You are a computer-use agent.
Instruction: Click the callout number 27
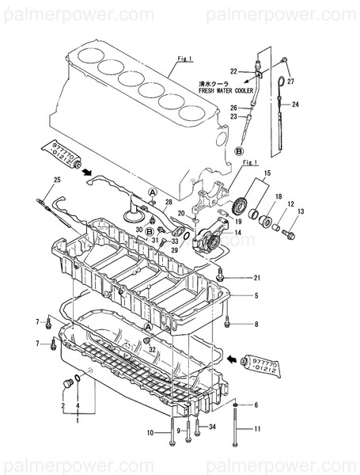pos(290,82)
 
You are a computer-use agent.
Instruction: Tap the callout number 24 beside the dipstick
pos(294,104)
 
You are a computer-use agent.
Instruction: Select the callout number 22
pos(233,71)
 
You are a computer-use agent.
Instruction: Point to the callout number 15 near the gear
pos(267,173)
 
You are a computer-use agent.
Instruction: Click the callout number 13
pos(300,211)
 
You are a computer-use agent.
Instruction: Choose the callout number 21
pos(256,277)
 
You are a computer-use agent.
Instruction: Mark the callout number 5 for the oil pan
pos(256,295)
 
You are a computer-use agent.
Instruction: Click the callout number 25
pos(56,181)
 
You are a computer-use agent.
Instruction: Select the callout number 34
pos(212,428)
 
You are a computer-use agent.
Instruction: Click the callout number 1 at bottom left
pos(77,421)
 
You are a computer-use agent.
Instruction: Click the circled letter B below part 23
pos(240,150)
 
